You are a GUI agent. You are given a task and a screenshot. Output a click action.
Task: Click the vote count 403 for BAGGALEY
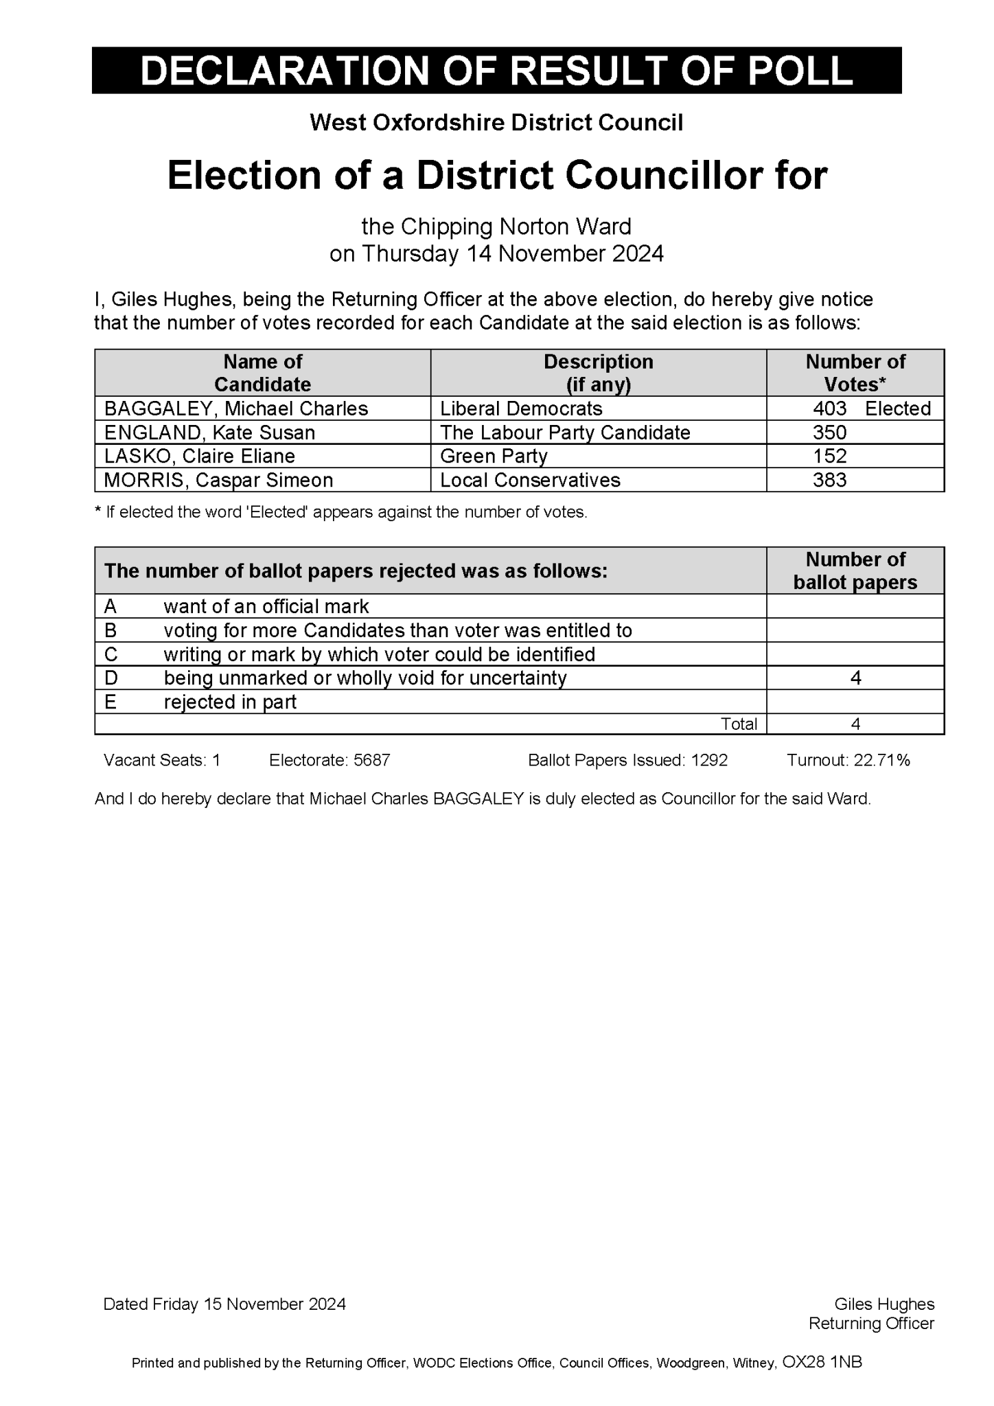pos(829,408)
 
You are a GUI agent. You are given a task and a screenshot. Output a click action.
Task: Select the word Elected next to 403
pos(897,408)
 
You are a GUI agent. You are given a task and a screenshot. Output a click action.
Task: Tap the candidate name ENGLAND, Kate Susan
pos(209,433)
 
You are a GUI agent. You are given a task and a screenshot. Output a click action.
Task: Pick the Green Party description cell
pos(494,456)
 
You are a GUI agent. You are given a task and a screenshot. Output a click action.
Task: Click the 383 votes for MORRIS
pos(829,480)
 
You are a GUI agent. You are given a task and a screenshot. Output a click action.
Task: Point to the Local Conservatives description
pos(530,480)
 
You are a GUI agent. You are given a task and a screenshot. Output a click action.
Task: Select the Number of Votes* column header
pos(855,373)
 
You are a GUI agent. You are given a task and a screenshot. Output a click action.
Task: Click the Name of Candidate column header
pos(262,373)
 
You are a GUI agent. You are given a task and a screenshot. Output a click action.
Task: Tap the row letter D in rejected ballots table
pos(111,678)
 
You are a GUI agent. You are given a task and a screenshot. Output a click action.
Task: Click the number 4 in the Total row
pos(855,724)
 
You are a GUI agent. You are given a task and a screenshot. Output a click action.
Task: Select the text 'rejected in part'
pos(230,702)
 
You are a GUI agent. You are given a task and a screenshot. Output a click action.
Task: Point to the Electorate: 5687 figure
pos(330,760)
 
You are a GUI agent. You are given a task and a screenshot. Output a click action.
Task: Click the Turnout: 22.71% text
pos(848,760)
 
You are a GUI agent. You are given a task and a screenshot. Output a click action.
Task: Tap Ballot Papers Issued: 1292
pos(627,760)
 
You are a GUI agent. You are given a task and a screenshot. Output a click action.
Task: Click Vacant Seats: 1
pos(162,760)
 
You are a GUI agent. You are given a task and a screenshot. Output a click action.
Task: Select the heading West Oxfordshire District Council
pos(496,123)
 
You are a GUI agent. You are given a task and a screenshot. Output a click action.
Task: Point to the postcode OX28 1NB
pos(822,1362)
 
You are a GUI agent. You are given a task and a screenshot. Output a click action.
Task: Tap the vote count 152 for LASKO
pos(829,456)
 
